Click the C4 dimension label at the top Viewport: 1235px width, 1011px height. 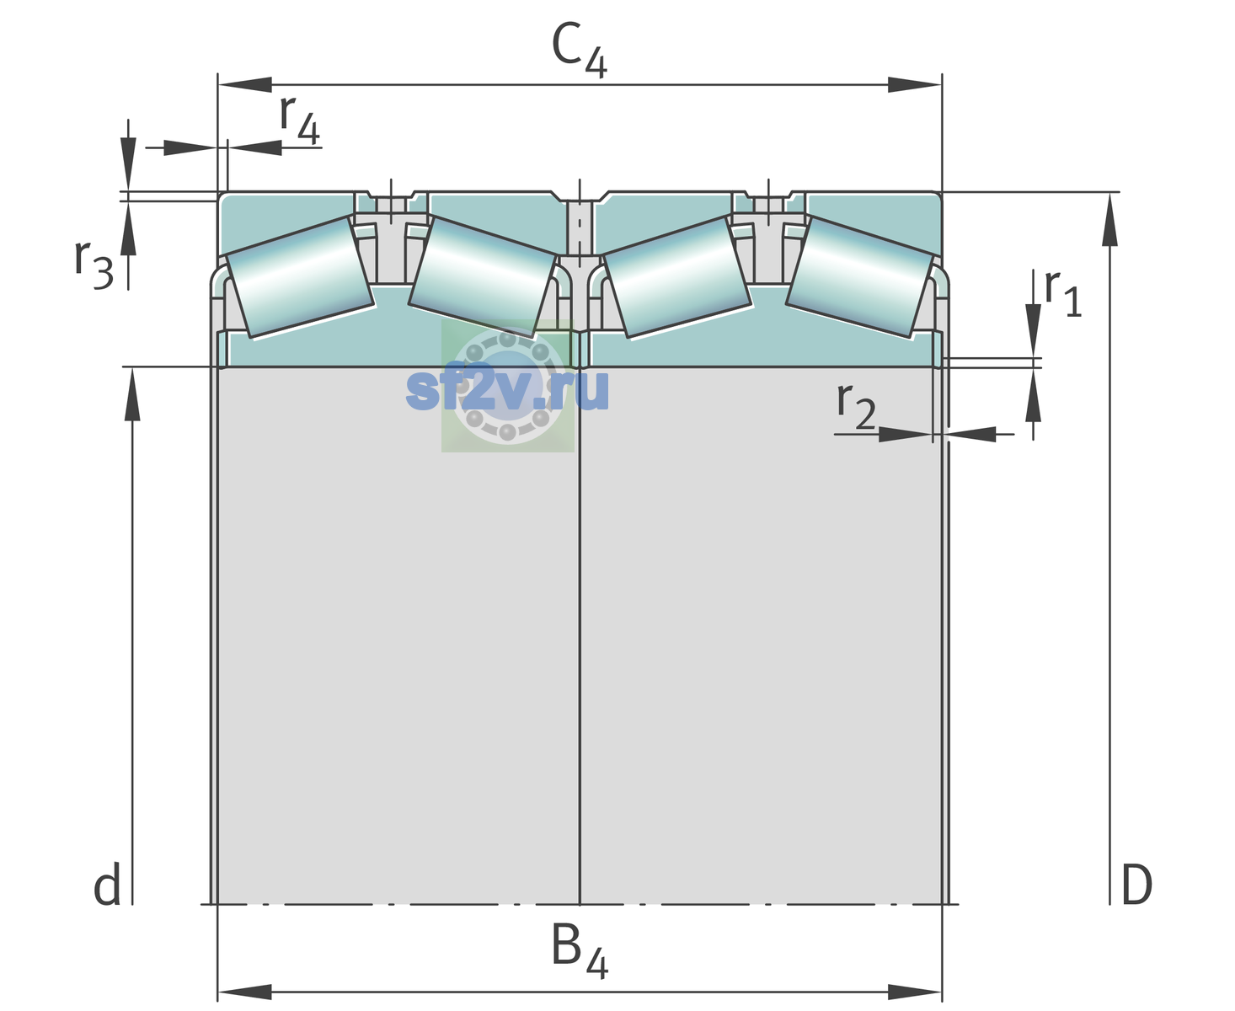coord(579,49)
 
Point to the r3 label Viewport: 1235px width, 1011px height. coord(94,264)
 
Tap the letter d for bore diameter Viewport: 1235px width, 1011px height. coord(107,884)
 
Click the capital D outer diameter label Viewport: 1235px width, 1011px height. coord(1136,885)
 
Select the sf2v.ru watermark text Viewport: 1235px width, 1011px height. coord(507,389)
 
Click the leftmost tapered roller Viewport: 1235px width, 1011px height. coord(299,278)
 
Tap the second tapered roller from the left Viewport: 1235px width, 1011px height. coord(482,277)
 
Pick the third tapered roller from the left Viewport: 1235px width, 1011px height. coord(676,278)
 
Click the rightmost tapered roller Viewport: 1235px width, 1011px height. coord(859,277)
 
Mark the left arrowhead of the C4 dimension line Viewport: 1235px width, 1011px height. coord(245,84)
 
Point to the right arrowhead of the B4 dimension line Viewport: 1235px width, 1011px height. coord(915,992)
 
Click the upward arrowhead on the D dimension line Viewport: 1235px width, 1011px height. coord(1109,220)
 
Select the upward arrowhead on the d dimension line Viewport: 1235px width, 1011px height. coord(132,394)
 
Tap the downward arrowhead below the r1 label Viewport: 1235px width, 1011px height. coord(1034,330)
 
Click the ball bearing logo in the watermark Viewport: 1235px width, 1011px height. coord(508,386)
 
